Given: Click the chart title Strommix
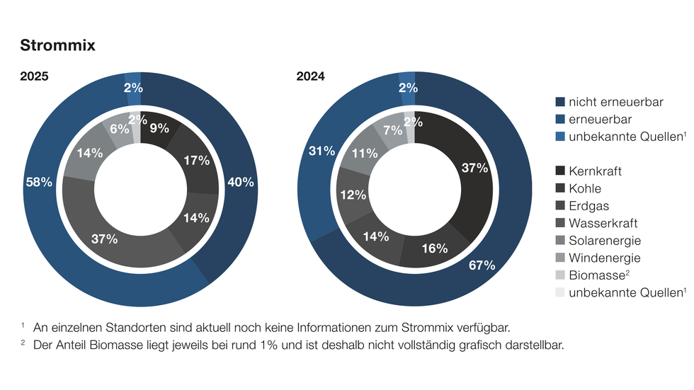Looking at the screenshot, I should click(x=57, y=45).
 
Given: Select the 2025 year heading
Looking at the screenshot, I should click(x=34, y=76).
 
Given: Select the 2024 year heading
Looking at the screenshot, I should click(x=310, y=76).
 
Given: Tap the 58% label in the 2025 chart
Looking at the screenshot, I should click(x=39, y=182).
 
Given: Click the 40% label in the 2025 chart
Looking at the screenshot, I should click(x=241, y=182).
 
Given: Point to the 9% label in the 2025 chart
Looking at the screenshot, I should click(x=160, y=129).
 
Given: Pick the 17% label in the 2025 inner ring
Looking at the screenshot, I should click(x=196, y=161).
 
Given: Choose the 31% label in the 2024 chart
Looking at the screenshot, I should click(x=321, y=151).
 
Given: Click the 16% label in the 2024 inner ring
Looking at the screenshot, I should click(x=435, y=248).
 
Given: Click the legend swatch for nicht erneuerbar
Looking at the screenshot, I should click(x=560, y=102).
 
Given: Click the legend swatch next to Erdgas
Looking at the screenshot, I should click(x=560, y=206).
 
